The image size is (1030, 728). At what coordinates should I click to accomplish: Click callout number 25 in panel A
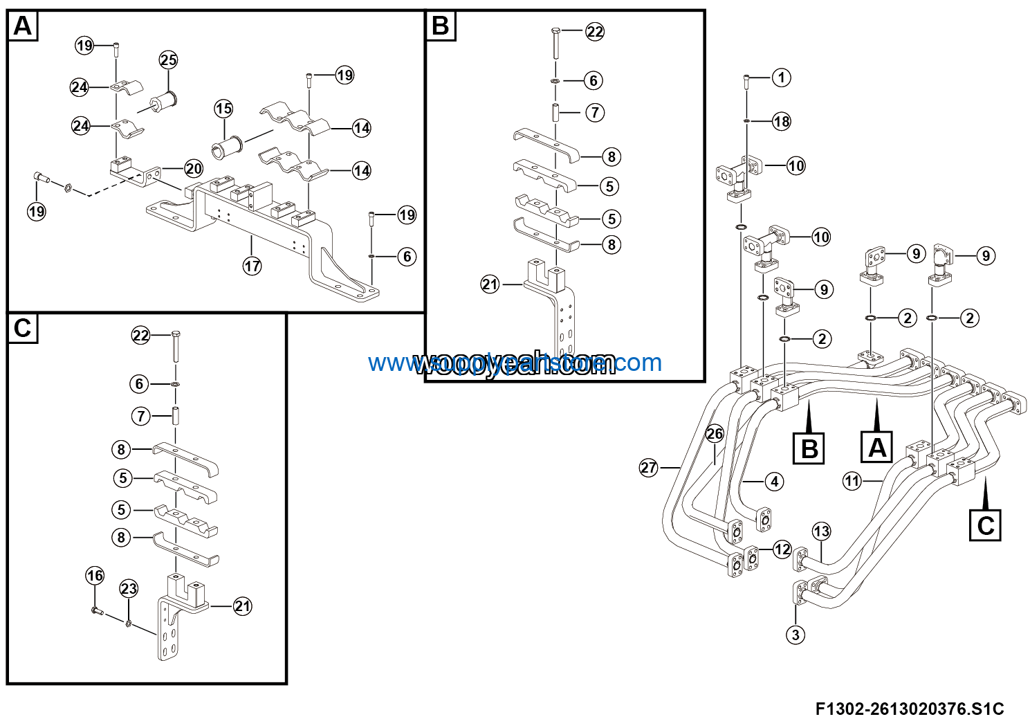tap(169, 60)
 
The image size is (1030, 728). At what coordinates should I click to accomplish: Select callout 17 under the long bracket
tap(252, 266)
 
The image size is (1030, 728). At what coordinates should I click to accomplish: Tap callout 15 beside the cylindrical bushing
tap(223, 109)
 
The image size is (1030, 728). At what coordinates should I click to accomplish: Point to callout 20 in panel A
tap(194, 168)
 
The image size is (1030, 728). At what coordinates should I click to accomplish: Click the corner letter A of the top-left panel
tap(23, 26)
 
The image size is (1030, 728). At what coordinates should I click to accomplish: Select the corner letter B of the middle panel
tap(440, 26)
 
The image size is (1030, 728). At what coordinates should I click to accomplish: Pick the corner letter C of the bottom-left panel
tap(23, 328)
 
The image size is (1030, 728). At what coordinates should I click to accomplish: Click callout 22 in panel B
tap(595, 31)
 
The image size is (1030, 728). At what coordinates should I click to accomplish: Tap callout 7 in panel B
tap(595, 112)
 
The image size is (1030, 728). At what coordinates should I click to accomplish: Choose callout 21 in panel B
tap(490, 284)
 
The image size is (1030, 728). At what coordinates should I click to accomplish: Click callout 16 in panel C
tap(95, 575)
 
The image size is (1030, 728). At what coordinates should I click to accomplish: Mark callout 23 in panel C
tap(129, 589)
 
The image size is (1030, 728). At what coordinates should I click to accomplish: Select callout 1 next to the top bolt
tap(782, 77)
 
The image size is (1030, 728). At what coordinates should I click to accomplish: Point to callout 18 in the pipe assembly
tap(782, 122)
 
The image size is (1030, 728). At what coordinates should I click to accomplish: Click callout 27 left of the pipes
tap(648, 468)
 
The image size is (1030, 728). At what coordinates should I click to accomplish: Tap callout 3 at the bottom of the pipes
tap(796, 635)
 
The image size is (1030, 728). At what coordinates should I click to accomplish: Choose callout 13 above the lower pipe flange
tap(821, 531)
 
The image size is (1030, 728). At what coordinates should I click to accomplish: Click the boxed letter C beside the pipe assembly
tap(986, 526)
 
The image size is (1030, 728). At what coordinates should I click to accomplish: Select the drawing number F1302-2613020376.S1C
tap(909, 709)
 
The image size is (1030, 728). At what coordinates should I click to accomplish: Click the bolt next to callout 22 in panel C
tap(176, 346)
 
